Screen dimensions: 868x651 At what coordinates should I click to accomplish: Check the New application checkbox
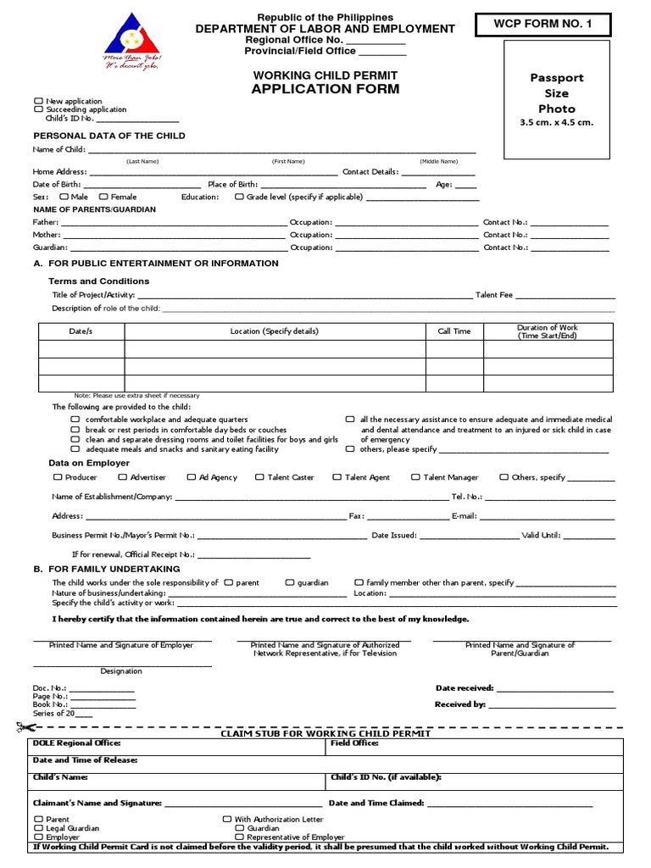pos(38,102)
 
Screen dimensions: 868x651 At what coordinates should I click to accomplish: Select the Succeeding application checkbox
pos(38,109)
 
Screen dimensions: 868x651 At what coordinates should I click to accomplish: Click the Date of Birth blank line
pos(143,186)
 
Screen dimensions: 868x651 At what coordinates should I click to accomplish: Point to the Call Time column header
pos(453,331)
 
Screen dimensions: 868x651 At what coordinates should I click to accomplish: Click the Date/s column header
pos(81,331)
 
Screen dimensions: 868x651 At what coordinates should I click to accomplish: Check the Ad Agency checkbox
pos(192,477)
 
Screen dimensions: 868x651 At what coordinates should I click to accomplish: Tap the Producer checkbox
pos(58,477)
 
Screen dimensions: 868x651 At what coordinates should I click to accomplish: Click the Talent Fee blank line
pos(565,297)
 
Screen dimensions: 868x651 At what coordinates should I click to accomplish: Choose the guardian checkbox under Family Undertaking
pos(289,582)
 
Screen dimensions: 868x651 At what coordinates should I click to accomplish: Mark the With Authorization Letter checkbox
pos(226,820)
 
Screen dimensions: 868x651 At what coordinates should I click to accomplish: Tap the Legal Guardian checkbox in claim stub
pos(38,828)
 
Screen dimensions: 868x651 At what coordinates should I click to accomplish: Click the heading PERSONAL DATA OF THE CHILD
pos(108,136)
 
